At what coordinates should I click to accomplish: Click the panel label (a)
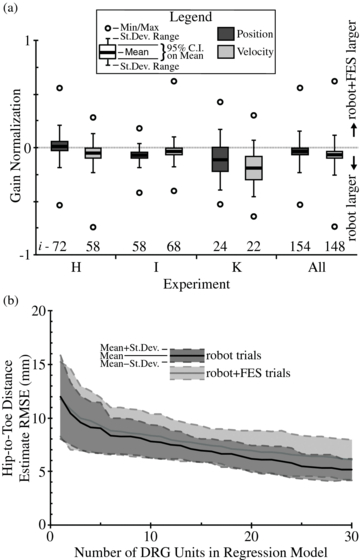click(11, 10)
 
